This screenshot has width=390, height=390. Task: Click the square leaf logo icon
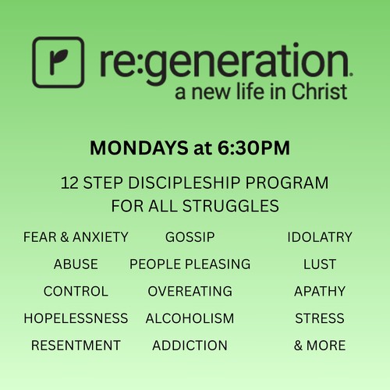(58, 62)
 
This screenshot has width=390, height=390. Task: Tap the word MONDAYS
(139, 148)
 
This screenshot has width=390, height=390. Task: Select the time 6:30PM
(253, 148)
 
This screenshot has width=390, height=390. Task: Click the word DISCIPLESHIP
(184, 183)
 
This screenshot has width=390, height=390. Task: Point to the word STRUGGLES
(231, 206)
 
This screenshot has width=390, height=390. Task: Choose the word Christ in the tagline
(319, 91)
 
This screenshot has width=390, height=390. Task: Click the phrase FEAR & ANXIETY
(76, 237)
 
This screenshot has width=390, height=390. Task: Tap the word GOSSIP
(190, 237)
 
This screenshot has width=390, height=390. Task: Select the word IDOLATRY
(320, 237)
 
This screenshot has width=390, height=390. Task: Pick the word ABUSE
(76, 264)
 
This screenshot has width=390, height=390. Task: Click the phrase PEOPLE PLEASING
(190, 264)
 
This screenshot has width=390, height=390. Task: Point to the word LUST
(320, 264)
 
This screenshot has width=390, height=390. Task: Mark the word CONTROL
(76, 291)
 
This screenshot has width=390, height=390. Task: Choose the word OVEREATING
(190, 291)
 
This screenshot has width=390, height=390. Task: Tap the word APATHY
(320, 291)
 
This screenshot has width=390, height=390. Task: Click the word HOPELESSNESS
(76, 318)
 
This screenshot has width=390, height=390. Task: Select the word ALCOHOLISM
(190, 318)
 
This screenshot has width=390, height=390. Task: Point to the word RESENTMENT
(76, 346)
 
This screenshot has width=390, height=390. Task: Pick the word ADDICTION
(190, 346)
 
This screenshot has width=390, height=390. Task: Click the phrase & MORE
(320, 346)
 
